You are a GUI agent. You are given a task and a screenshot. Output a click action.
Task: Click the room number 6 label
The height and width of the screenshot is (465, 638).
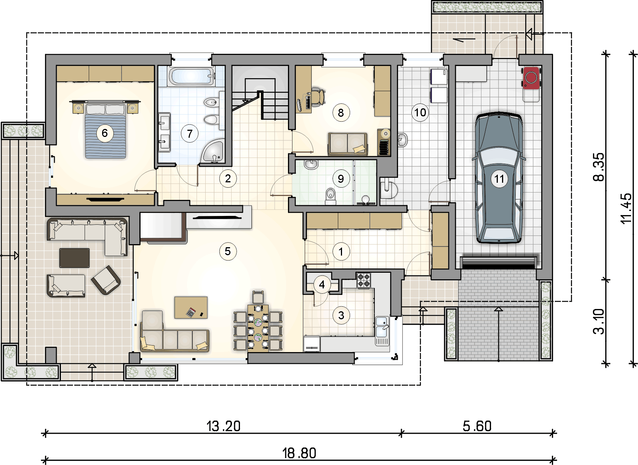[104, 133]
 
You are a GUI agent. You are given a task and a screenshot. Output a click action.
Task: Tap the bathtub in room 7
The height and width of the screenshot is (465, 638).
[191, 76]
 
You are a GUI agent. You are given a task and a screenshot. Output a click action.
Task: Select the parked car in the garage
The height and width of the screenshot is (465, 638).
[499, 177]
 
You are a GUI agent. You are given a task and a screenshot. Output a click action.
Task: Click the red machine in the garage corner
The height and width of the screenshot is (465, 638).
[531, 78]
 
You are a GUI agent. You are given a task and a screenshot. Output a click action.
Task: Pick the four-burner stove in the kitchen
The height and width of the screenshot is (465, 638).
[364, 280]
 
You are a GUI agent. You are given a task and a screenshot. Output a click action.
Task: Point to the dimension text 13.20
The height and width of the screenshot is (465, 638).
[223, 426]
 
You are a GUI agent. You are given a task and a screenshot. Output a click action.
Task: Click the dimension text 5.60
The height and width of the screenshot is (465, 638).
[477, 426]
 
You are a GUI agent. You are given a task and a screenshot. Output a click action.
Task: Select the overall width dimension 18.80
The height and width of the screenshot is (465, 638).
[299, 453]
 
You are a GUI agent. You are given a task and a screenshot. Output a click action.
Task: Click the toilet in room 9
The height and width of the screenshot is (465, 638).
[330, 196]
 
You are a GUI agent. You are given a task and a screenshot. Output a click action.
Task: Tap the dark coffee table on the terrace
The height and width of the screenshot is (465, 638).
[74, 257]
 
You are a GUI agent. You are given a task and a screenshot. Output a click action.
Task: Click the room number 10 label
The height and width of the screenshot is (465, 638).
[420, 113]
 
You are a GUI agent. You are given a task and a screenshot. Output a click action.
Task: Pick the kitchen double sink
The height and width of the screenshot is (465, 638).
[382, 331]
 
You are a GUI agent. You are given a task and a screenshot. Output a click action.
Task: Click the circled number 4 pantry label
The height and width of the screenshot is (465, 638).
[322, 285]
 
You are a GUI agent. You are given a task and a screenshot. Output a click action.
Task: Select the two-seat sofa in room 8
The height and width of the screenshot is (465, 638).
[347, 144]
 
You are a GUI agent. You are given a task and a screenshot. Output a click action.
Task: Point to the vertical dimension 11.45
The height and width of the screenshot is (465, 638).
[625, 209]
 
